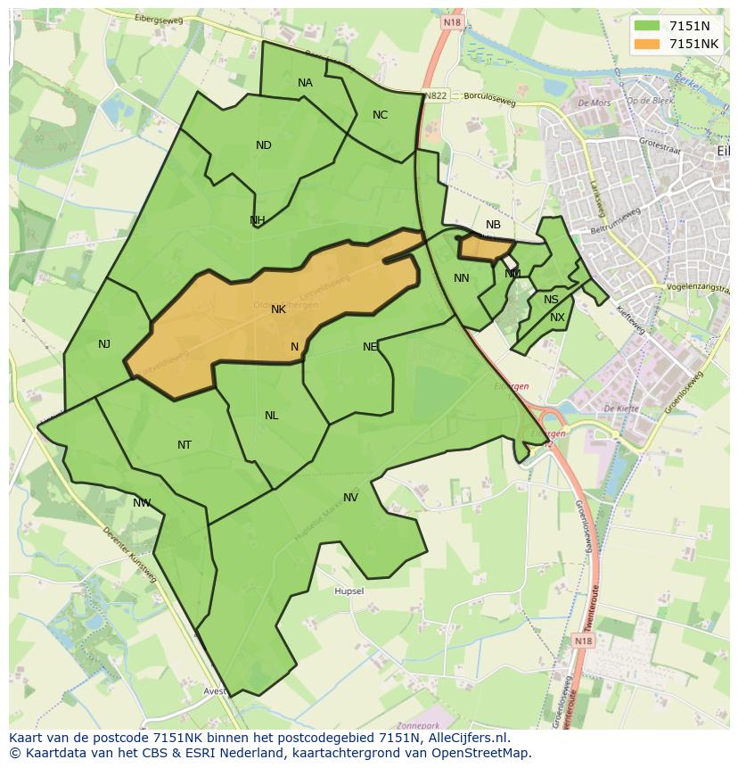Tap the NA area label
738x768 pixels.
pyautogui.click(x=305, y=83)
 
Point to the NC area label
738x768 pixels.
pyautogui.click(x=380, y=115)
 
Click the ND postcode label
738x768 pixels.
pyautogui.click(x=263, y=145)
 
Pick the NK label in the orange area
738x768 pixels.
pyautogui.click(x=278, y=310)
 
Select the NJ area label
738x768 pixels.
pyautogui.click(x=104, y=343)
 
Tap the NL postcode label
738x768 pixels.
pyautogui.click(x=271, y=416)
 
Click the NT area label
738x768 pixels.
pyautogui.click(x=184, y=445)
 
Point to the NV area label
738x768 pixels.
pyautogui.click(x=350, y=498)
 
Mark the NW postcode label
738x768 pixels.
pyautogui.click(x=142, y=503)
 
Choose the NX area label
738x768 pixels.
pyautogui.click(x=557, y=318)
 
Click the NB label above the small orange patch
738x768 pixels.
pyautogui.click(x=493, y=225)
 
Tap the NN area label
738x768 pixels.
pyautogui.click(x=461, y=278)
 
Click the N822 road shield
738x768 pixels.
pyautogui.click(x=436, y=95)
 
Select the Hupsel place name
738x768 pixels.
pyautogui.click(x=348, y=591)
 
